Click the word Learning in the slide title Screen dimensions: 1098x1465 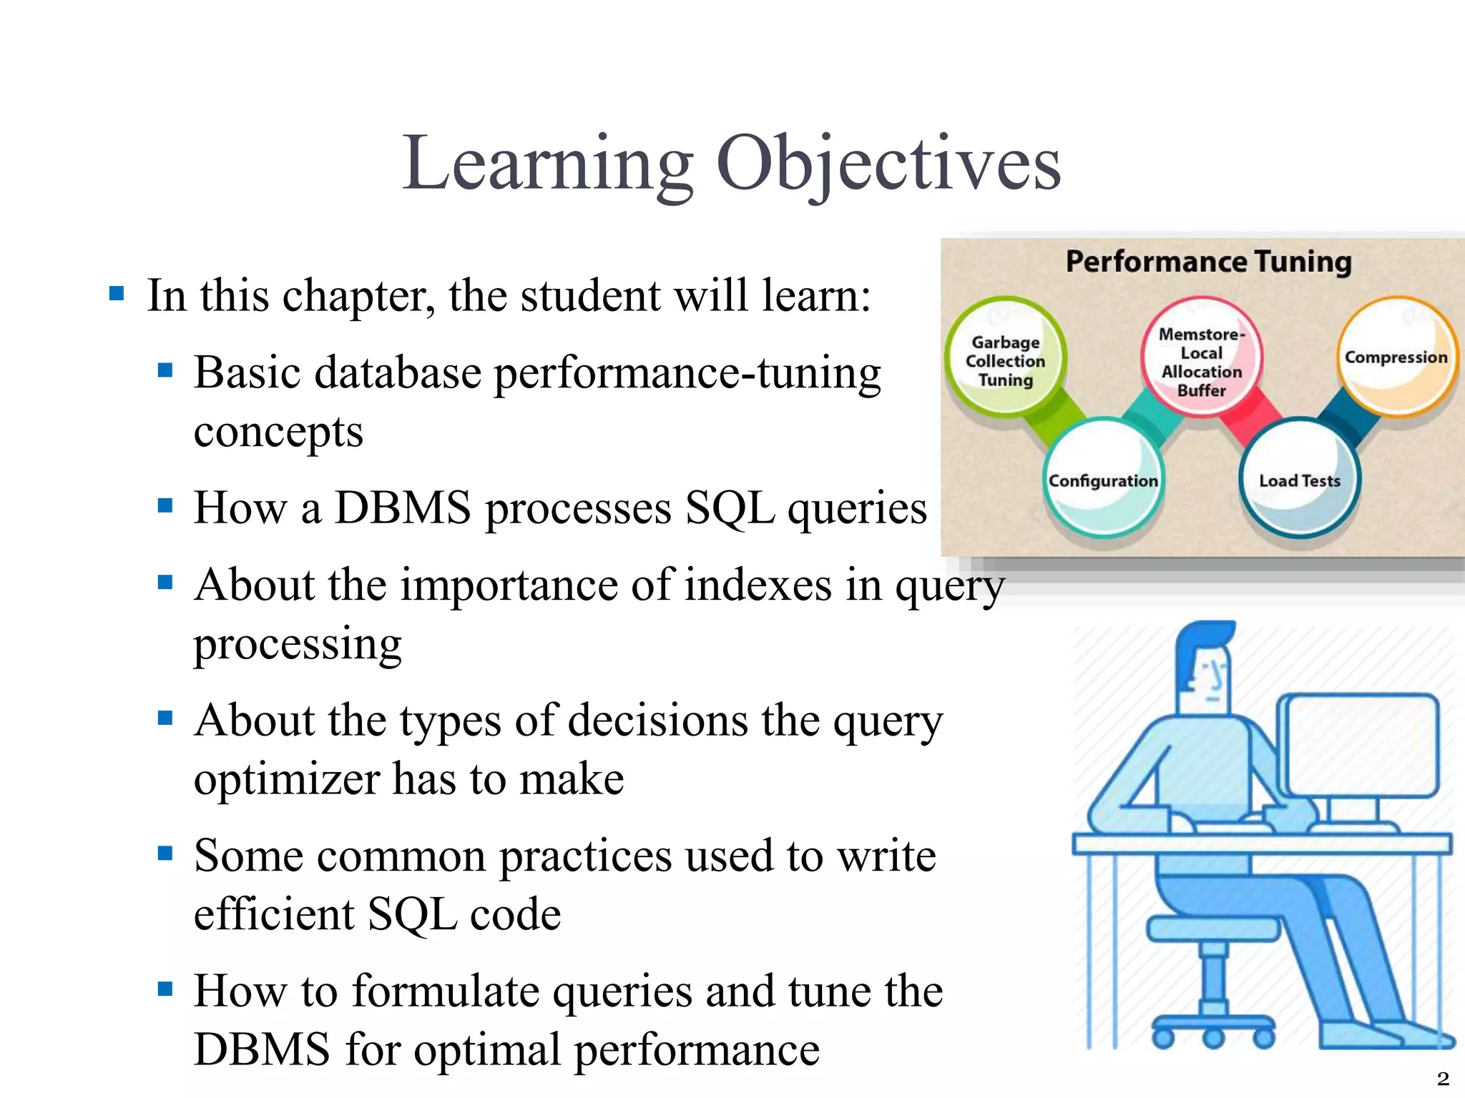(x=547, y=164)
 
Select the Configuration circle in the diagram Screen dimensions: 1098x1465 (x=1102, y=480)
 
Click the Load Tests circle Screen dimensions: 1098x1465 (x=1299, y=480)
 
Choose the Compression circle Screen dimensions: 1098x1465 (x=1396, y=357)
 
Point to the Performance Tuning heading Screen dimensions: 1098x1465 (x=1208, y=262)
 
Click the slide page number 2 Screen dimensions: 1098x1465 (x=1443, y=1078)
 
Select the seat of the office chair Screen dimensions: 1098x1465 (x=1212, y=929)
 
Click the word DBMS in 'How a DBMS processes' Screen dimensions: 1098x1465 (x=403, y=508)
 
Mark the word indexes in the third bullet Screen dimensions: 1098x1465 (x=758, y=585)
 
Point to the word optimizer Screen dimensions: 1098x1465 (x=286, y=779)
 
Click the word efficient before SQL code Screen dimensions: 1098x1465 (x=274, y=914)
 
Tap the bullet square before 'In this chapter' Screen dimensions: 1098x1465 (x=117, y=293)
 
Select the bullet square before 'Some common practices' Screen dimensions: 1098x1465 (x=165, y=852)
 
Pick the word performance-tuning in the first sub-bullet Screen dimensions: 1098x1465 (x=687, y=373)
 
